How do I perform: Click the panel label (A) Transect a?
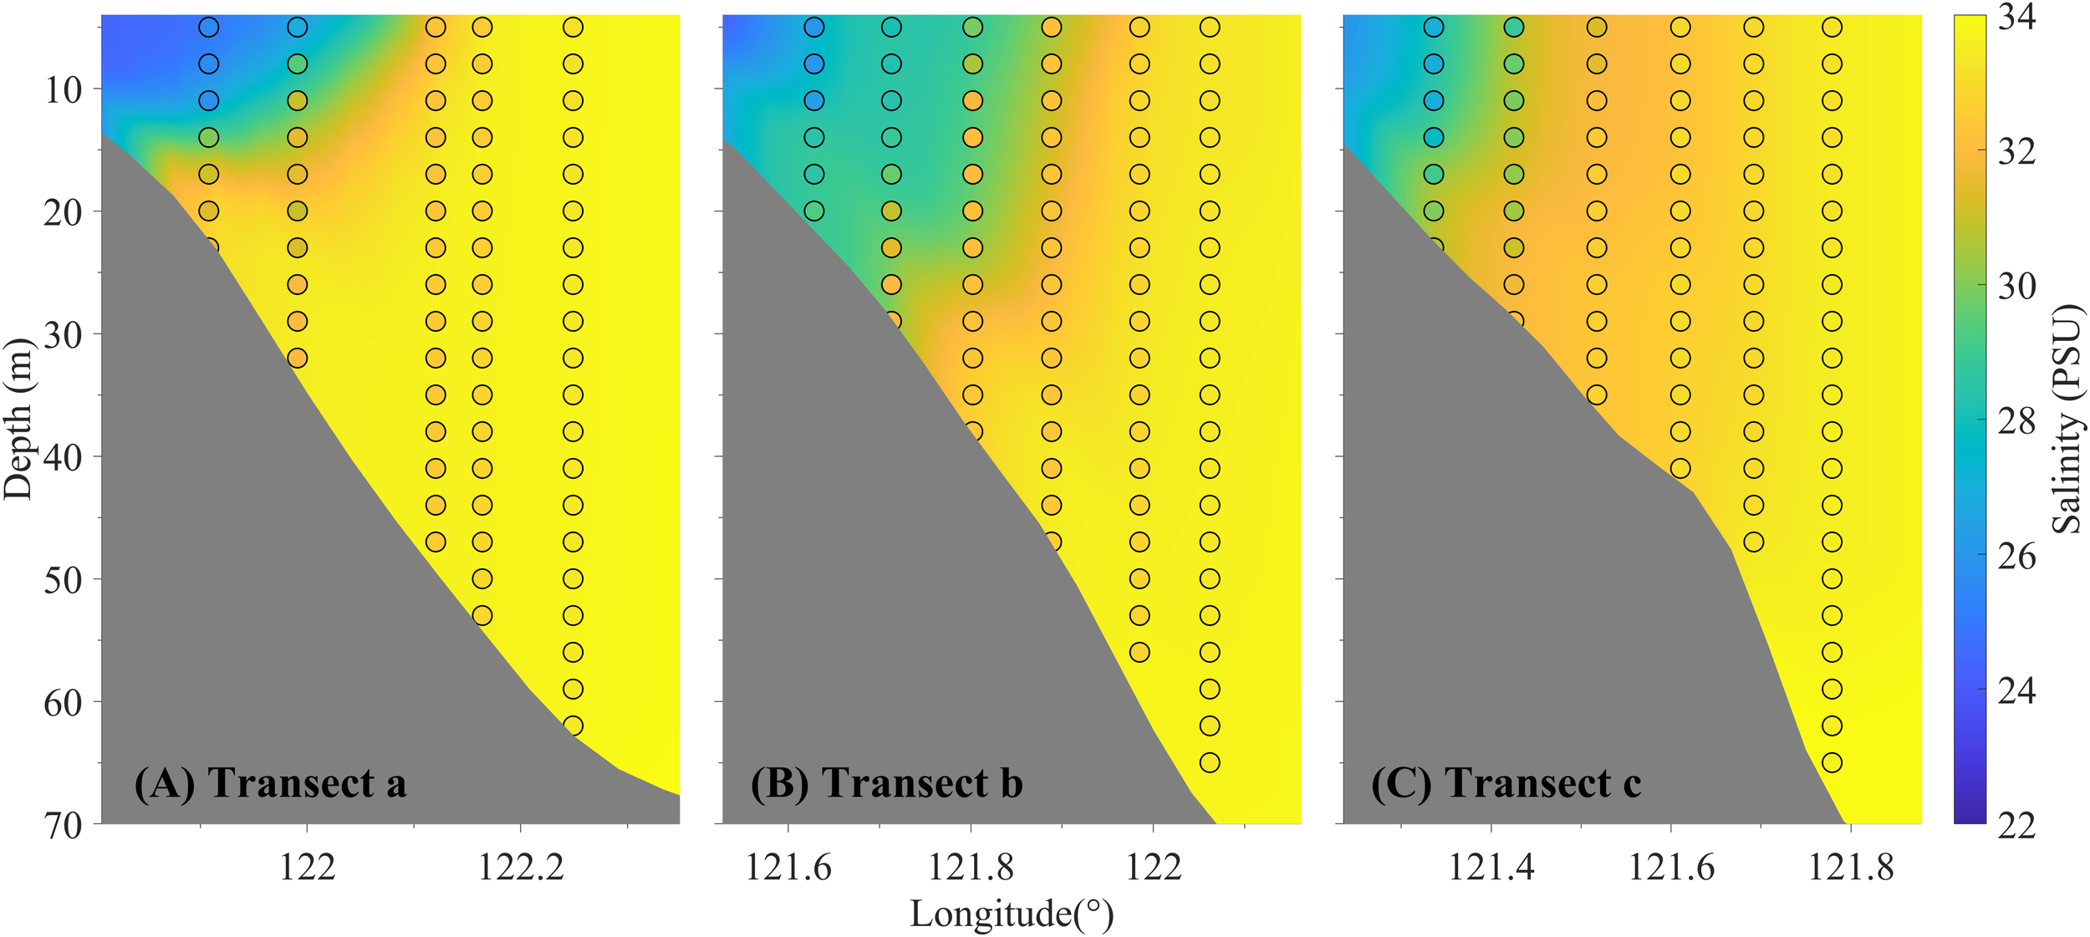[270, 783]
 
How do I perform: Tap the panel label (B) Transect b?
[886, 783]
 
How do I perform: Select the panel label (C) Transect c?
[1506, 783]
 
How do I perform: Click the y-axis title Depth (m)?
[18, 419]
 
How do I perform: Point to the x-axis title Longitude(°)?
[1012, 914]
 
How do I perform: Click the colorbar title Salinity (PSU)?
[2067, 419]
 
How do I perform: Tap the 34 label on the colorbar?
[2016, 17]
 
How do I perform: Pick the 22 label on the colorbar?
[2016, 826]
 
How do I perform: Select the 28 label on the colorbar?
[2016, 421]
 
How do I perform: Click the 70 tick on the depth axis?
[64, 826]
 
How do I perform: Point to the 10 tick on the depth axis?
[64, 89]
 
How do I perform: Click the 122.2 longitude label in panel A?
[521, 868]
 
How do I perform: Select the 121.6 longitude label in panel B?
[788, 868]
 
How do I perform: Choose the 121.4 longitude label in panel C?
[1491, 868]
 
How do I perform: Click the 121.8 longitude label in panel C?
[1851, 868]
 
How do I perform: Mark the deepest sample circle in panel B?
[1210, 762]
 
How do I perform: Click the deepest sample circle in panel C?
[1832, 762]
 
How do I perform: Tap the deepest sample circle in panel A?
[573, 726]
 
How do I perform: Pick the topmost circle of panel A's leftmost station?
[209, 28]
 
